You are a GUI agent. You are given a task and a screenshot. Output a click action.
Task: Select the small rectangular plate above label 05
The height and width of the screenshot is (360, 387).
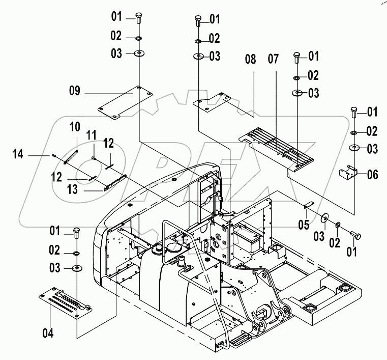click(307, 206)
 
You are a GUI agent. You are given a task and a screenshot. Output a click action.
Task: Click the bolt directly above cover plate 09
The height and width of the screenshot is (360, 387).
click(138, 18)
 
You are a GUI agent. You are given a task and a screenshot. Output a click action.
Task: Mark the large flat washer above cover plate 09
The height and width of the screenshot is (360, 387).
click(138, 53)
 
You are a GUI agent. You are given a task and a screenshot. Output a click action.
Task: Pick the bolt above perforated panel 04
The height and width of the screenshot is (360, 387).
click(77, 233)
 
